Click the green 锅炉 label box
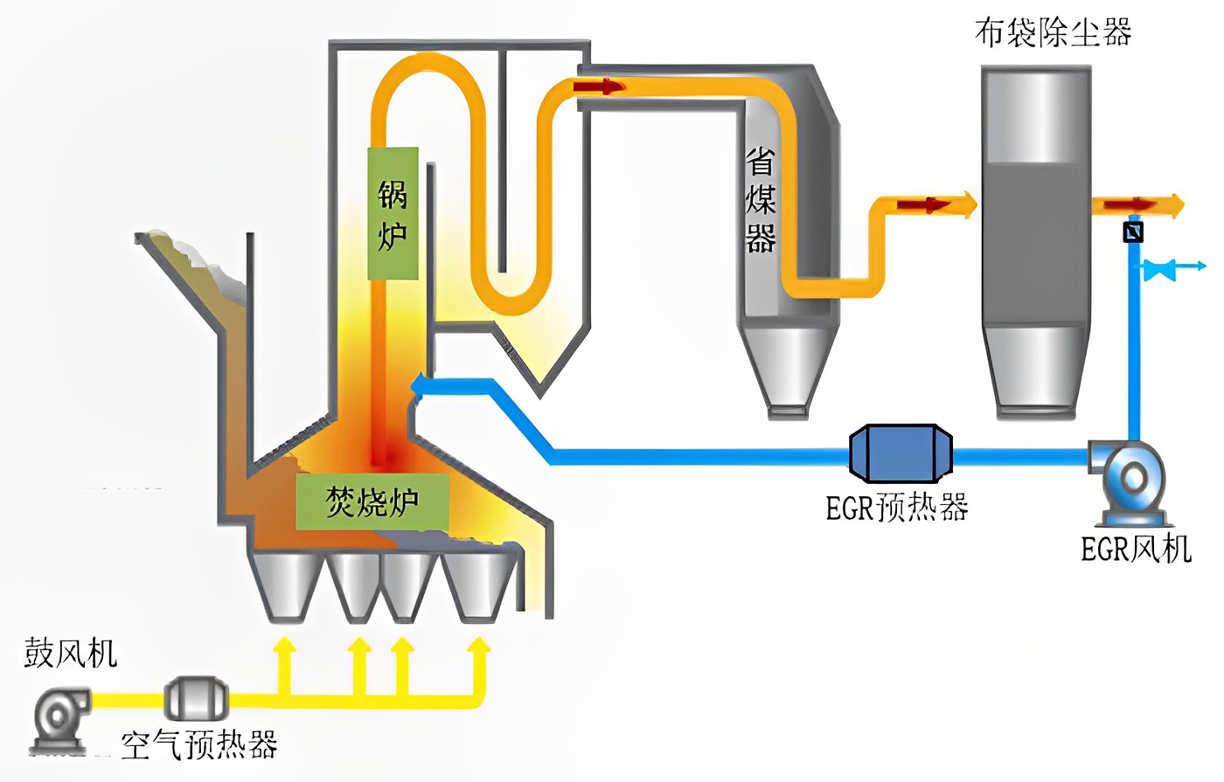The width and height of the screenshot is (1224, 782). (x=393, y=213)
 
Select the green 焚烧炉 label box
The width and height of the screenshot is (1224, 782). (x=372, y=502)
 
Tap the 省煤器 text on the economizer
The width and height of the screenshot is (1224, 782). (x=761, y=201)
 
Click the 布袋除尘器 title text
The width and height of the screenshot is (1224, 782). (x=1053, y=32)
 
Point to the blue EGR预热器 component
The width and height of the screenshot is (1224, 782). (x=901, y=453)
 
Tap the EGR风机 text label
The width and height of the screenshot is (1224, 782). (x=1136, y=549)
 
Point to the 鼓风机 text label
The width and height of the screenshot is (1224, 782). (x=70, y=653)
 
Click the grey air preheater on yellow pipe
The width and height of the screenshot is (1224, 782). (x=196, y=698)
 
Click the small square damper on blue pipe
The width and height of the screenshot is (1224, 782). (x=1133, y=232)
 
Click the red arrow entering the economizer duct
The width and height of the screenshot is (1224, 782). (x=600, y=86)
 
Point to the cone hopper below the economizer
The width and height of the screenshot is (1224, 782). (x=788, y=367)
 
